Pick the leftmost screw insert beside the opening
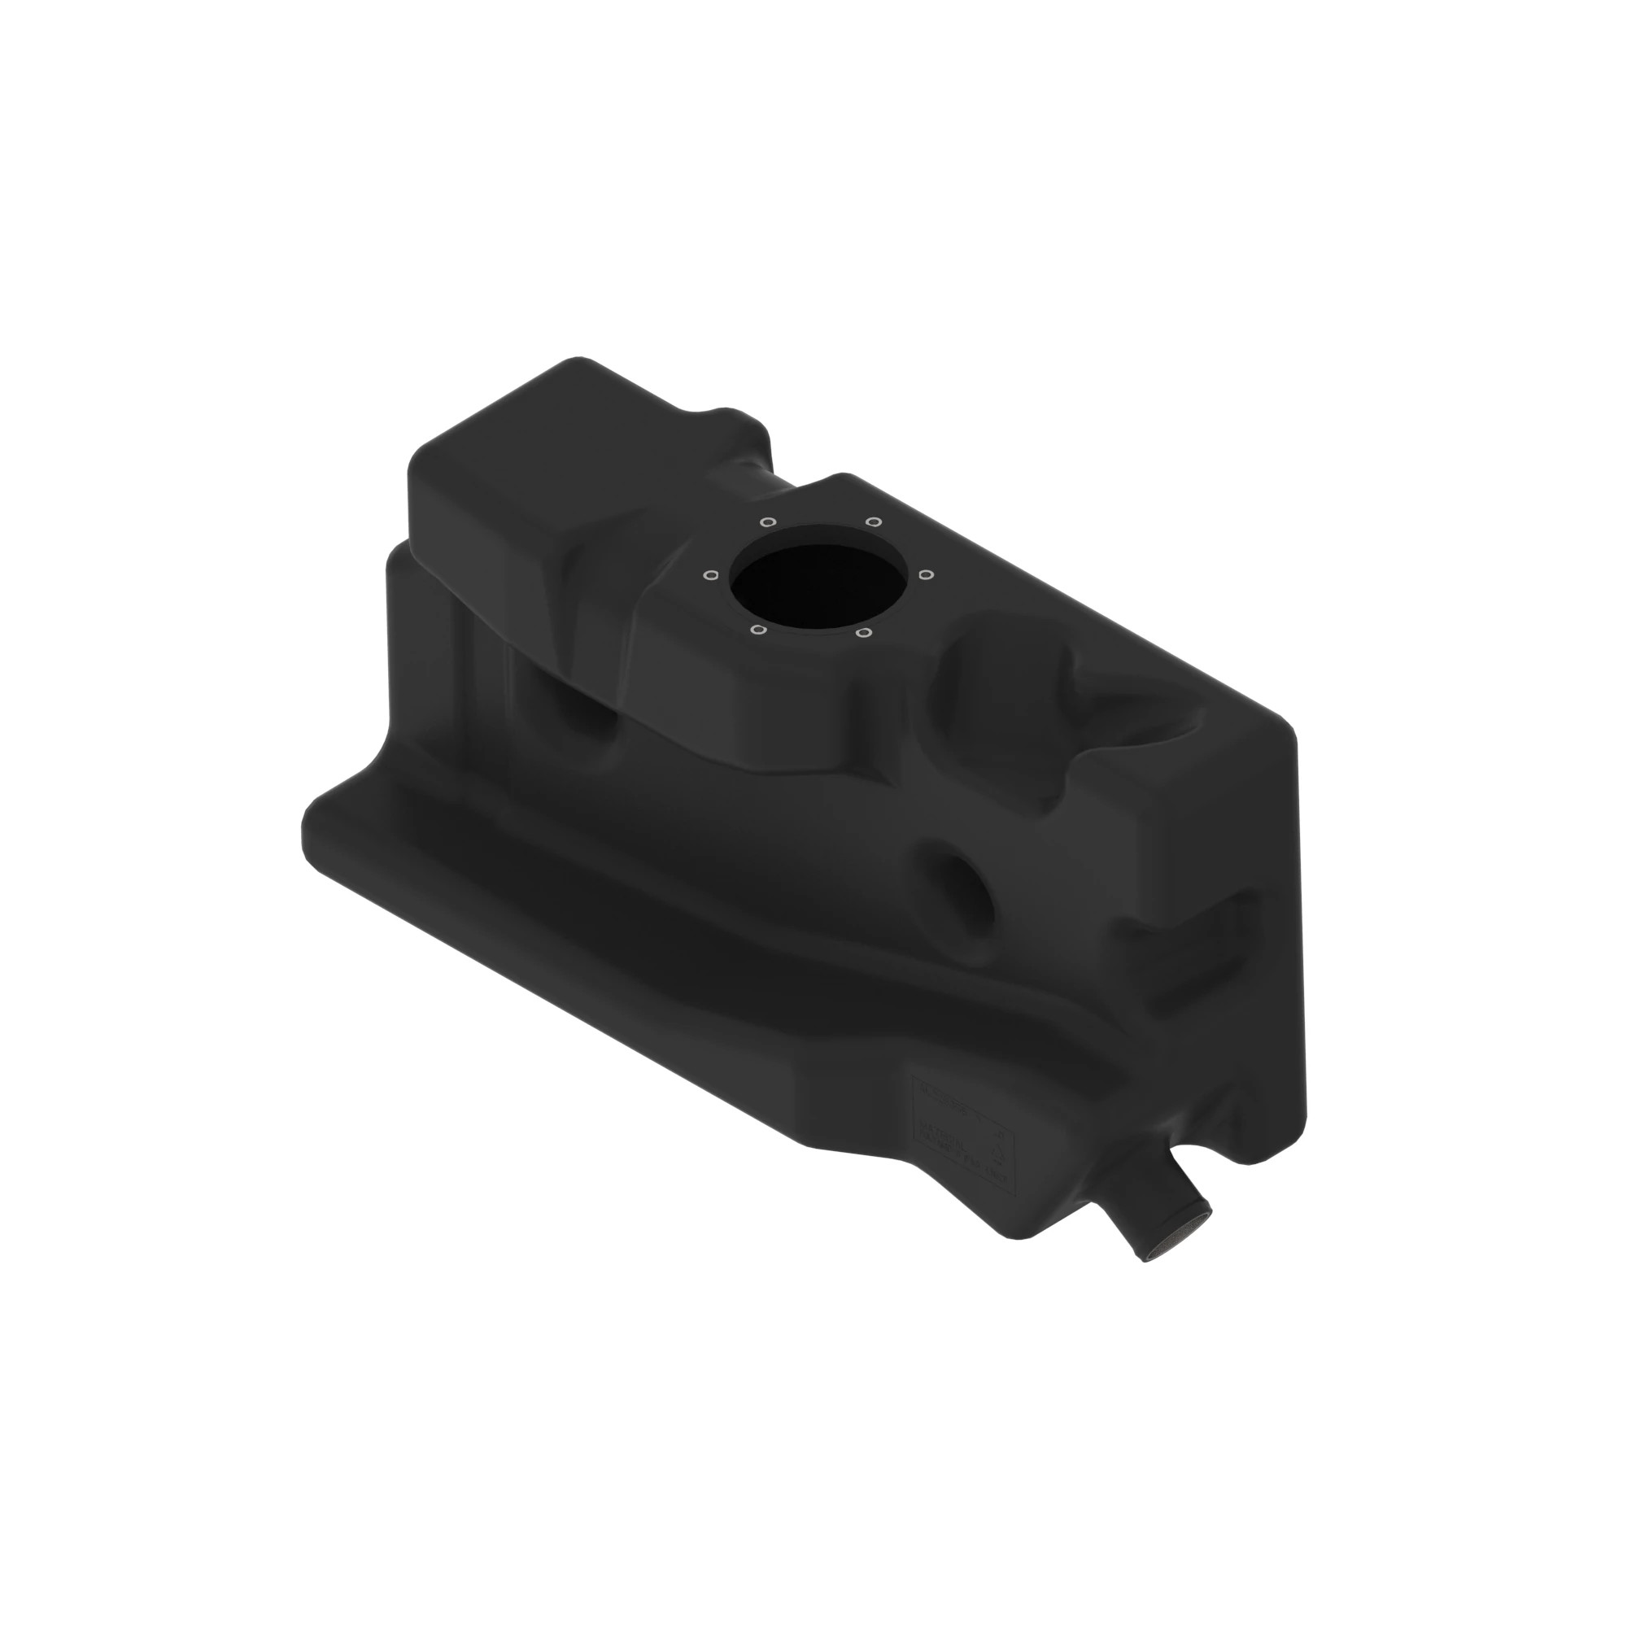[x=710, y=575]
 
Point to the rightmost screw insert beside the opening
[x=926, y=575]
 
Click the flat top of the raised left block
[x=539, y=447]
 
